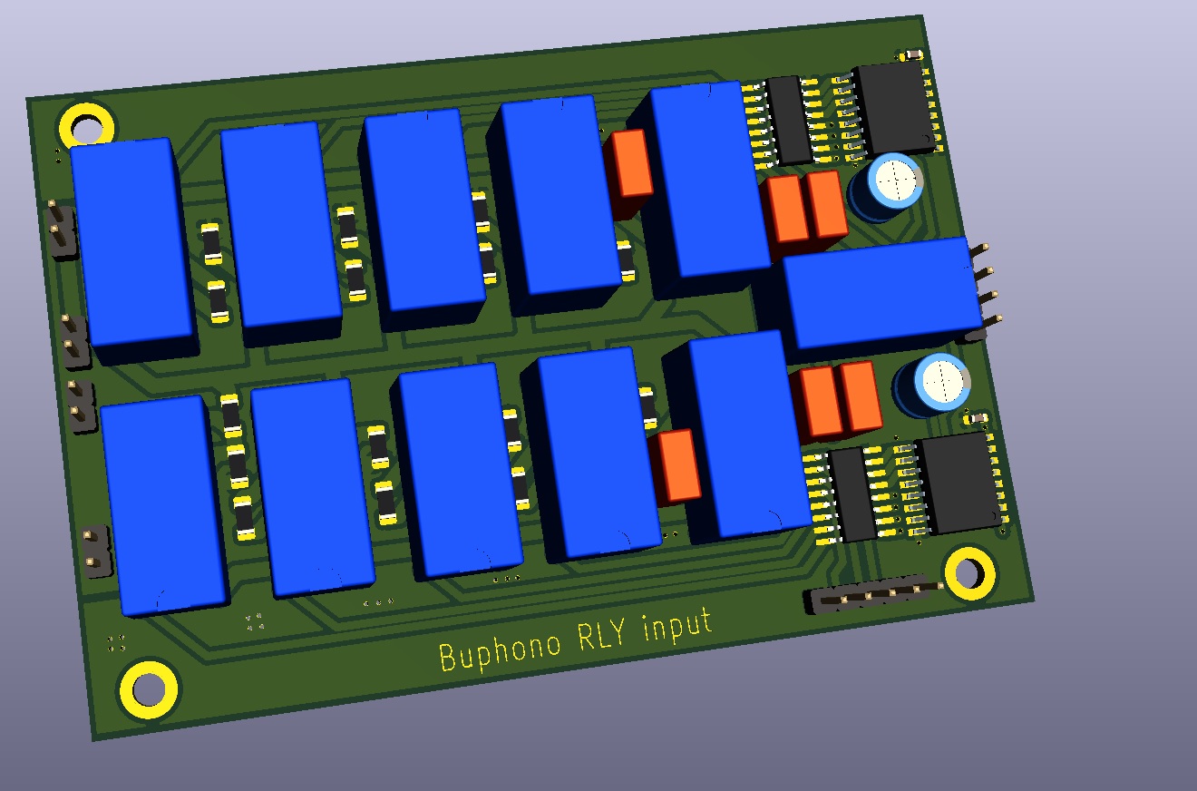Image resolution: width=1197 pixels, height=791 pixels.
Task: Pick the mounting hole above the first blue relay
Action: pos(86,127)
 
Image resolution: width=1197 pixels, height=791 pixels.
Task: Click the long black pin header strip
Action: pos(871,594)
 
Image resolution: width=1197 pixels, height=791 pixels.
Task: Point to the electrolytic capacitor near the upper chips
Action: pos(887,187)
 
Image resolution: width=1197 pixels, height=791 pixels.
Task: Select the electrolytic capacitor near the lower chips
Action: pos(932,386)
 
